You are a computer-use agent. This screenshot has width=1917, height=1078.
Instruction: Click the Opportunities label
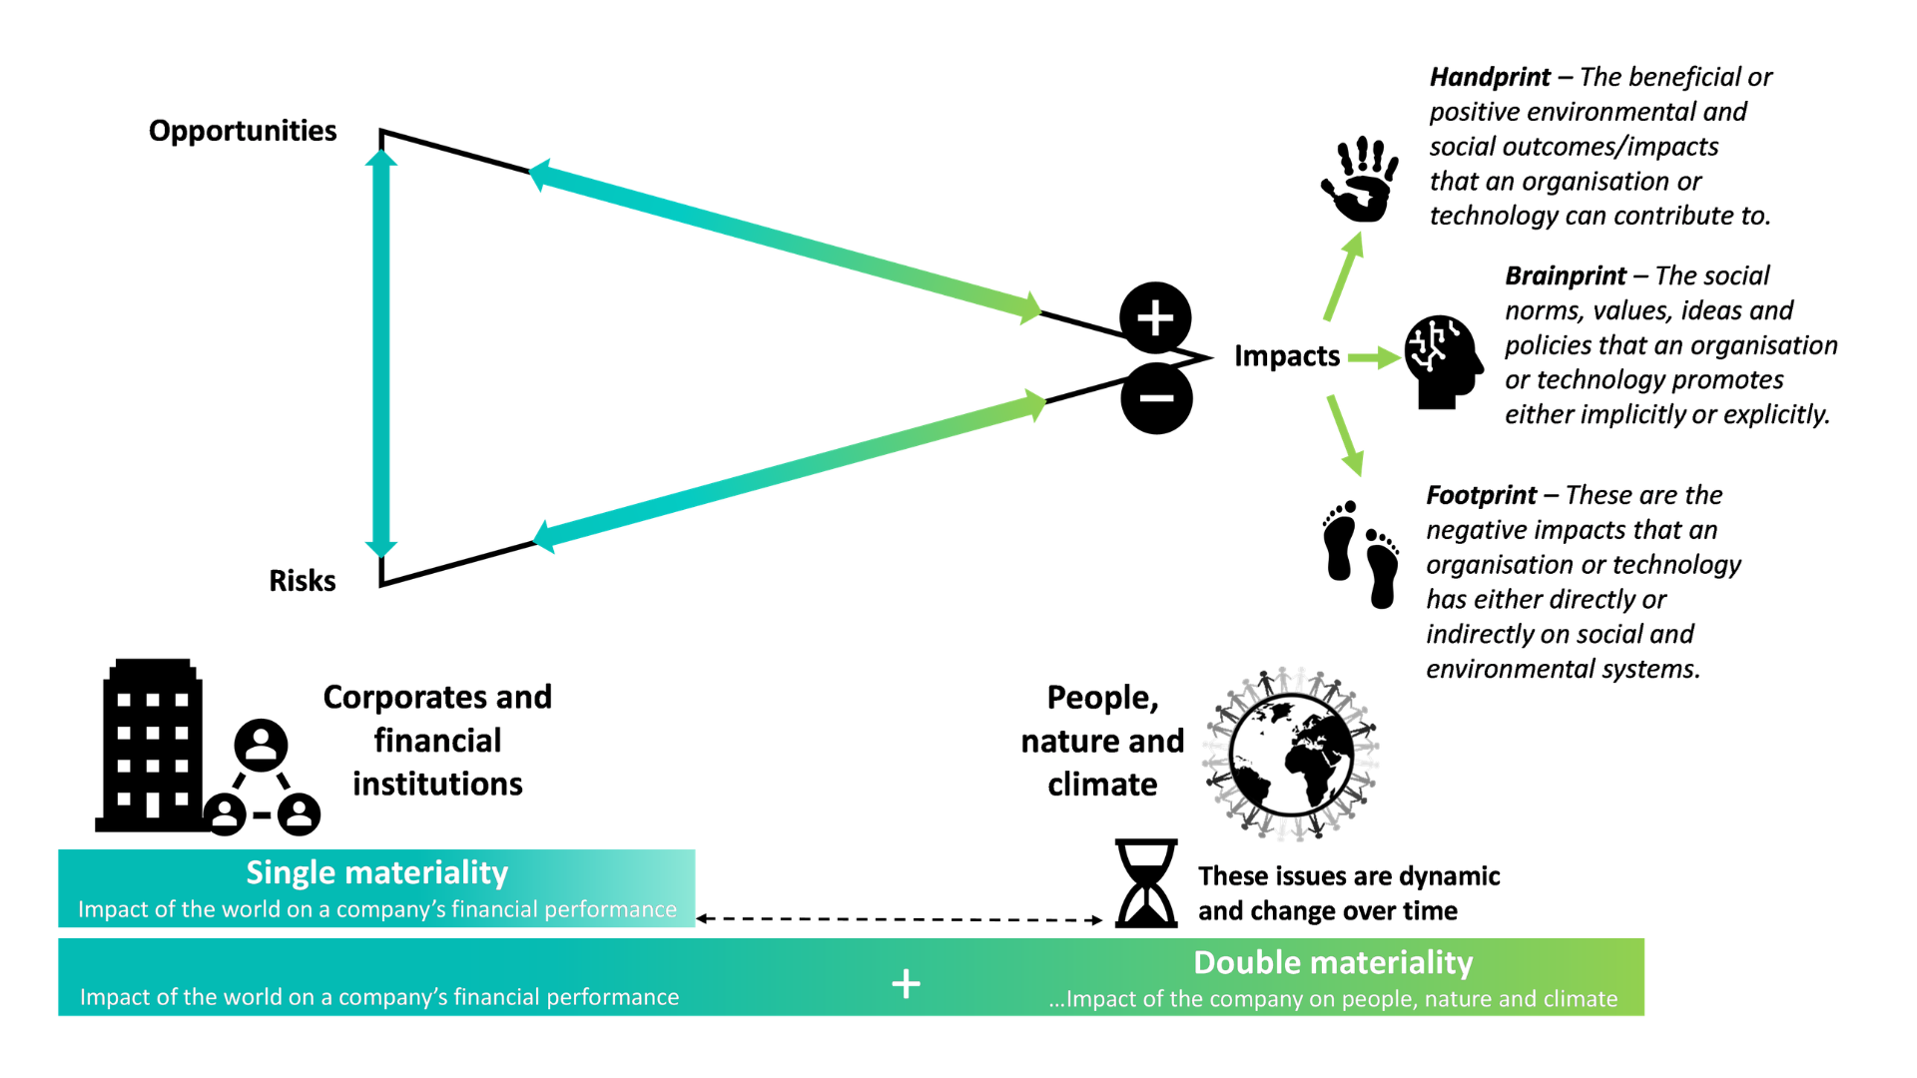(243, 131)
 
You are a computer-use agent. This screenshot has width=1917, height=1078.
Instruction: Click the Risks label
(302, 581)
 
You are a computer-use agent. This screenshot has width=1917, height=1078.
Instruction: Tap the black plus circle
(1155, 318)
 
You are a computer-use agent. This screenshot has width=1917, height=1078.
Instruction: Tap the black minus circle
(1156, 398)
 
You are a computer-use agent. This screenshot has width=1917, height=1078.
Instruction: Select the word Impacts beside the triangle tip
(1286, 356)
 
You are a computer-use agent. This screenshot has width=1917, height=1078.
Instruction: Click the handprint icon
(1360, 180)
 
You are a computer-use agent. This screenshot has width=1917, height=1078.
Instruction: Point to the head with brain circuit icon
(1442, 361)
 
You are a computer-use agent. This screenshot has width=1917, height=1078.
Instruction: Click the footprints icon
(1360, 554)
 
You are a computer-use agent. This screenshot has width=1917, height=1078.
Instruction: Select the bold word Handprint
(1490, 78)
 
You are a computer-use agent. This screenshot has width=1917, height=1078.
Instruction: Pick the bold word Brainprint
(1566, 276)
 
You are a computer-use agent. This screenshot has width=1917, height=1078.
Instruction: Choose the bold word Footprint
(1481, 496)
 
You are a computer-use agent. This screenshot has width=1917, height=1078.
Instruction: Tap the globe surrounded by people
(1291, 754)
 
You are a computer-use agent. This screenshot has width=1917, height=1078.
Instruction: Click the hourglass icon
(1146, 883)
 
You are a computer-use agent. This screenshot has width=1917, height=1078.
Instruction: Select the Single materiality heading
(376, 873)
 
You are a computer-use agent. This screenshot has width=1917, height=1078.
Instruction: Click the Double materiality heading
(1333, 963)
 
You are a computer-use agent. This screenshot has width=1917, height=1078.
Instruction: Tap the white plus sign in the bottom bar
(906, 984)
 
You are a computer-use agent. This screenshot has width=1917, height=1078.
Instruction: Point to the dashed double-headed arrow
(899, 919)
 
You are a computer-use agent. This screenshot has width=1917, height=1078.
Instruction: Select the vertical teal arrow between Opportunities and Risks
(380, 354)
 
